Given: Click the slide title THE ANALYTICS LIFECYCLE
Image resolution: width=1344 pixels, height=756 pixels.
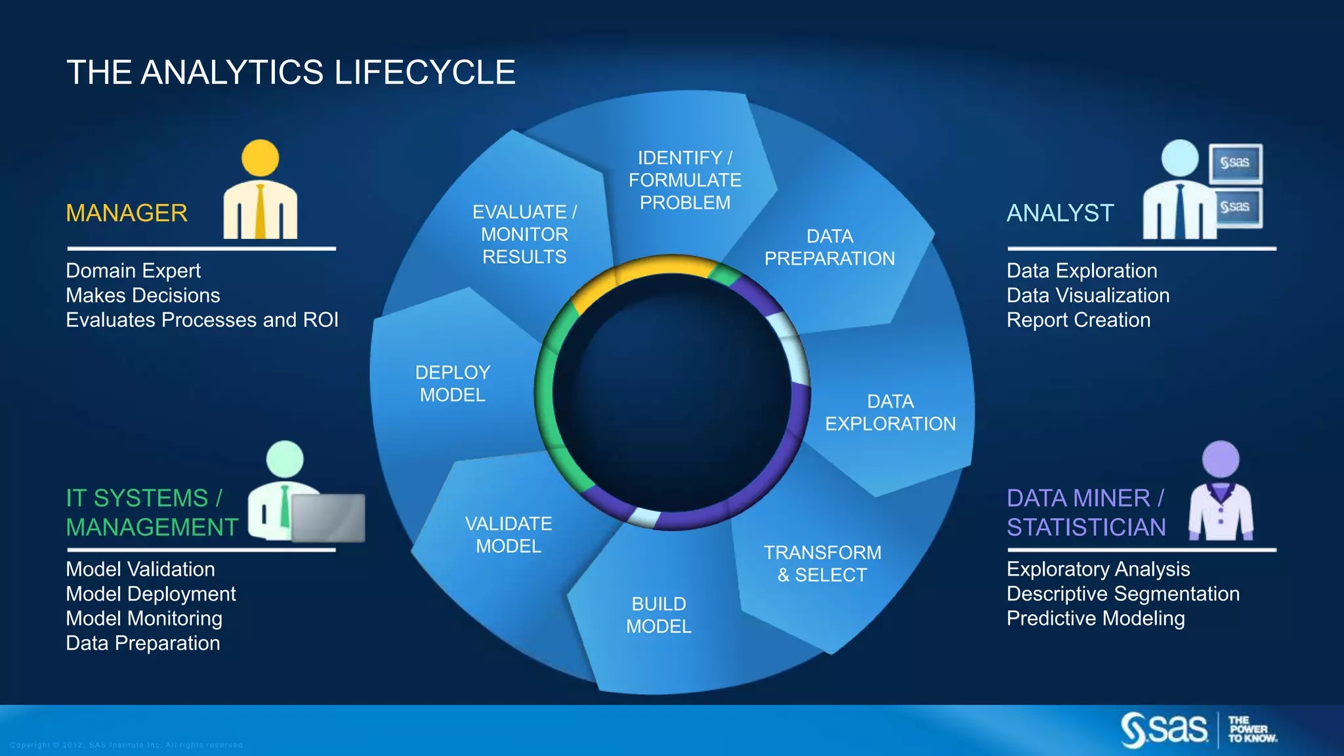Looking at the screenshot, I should pos(291,72).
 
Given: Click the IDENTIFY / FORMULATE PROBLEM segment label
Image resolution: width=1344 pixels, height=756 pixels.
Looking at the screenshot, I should pos(684,180).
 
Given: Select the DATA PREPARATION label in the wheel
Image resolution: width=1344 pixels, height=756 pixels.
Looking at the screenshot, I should pos(829,247).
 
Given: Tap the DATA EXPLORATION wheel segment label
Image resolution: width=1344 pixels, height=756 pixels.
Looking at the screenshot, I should pos(890,413).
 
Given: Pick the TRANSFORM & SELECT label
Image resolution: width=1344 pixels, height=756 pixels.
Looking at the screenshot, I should pos(822,564).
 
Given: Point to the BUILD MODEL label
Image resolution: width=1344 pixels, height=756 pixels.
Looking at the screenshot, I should pos(659,615).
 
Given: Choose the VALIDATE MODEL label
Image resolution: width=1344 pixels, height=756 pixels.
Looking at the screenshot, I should pos(509,535).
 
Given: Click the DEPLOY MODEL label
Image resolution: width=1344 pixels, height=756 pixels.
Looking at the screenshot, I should pos(453,384).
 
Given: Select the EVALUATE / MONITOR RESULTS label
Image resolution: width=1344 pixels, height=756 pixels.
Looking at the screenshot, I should pos(524,234).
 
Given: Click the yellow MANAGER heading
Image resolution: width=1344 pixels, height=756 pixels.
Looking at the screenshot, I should pos(127,213).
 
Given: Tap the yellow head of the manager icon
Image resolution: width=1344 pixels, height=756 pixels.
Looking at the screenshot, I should pos(261,158).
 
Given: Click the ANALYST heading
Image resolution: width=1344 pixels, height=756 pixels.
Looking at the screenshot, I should pos(1060,213).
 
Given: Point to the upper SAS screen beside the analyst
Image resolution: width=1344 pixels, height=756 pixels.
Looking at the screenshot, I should pos(1235,163).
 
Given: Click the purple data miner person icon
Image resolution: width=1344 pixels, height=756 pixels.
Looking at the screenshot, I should pos(1221,492).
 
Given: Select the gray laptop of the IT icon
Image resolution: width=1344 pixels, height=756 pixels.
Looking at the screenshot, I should pos(328,518).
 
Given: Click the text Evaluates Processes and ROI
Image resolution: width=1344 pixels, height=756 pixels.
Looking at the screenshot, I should pos(202,320).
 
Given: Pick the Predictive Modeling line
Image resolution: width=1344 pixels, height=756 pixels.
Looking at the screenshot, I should pos(1095,619).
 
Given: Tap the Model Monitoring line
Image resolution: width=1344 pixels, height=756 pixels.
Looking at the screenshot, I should pos(144,619).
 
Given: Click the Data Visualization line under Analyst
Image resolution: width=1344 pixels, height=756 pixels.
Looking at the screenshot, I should pos(1087,295).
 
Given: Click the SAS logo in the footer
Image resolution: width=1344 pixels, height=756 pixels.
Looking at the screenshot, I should pos(1164,730).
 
